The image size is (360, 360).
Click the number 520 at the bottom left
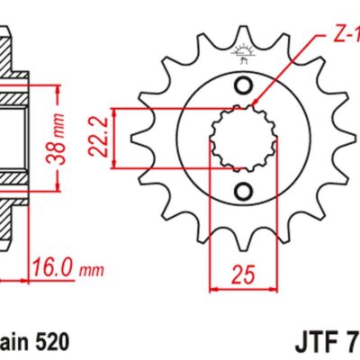(49, 343)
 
